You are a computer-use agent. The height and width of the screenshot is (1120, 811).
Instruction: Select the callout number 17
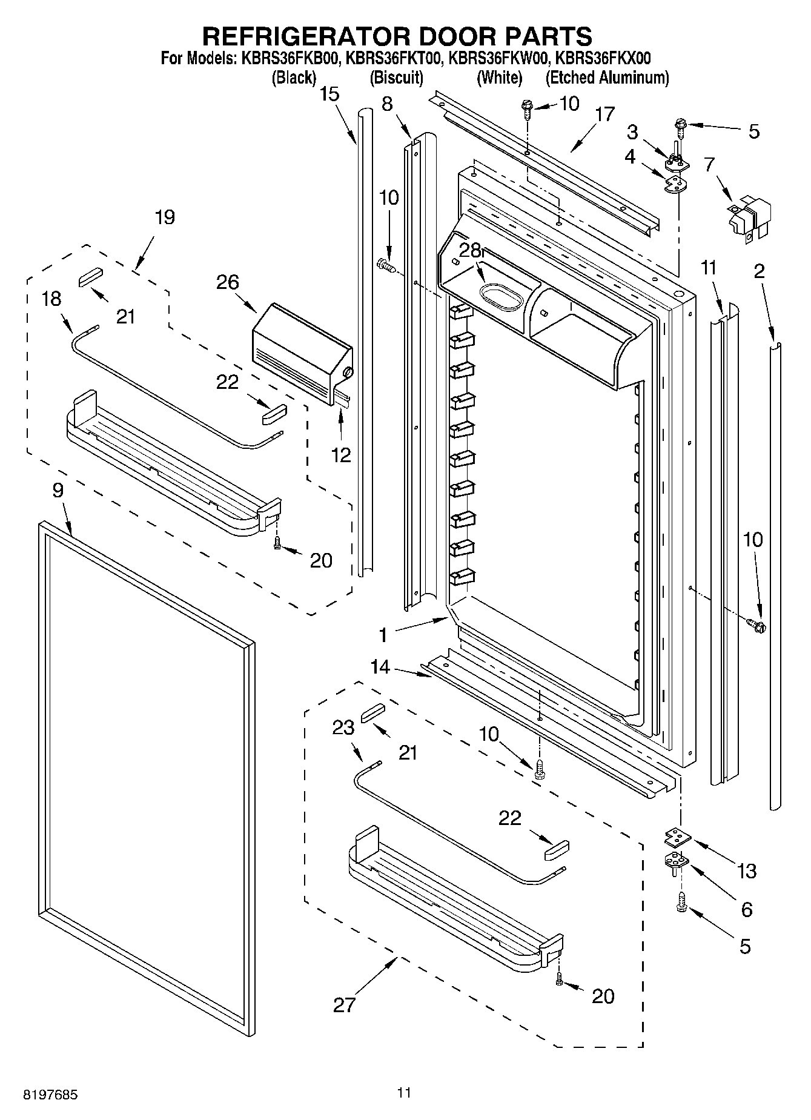tap(604, 114)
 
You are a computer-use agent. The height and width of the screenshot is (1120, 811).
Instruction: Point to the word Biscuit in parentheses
tap(396, 78)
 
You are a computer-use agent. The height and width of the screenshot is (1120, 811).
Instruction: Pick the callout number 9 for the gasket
tap(58, 490)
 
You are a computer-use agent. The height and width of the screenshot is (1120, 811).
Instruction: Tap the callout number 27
tap(344, 1005)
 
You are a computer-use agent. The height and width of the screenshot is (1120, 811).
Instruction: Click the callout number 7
tap(709, 164)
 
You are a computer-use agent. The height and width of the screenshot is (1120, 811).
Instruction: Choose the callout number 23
tap(343, 727)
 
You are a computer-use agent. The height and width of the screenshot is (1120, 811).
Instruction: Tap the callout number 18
tap(52, 299)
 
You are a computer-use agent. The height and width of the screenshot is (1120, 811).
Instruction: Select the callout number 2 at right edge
tap(759, 271)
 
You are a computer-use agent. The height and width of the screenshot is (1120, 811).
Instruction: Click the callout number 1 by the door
tap(382, 635)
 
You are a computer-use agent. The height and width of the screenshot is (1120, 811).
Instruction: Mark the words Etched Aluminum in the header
tap(607, 78)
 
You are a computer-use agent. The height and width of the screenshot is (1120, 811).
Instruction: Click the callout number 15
tap(329, 94)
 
